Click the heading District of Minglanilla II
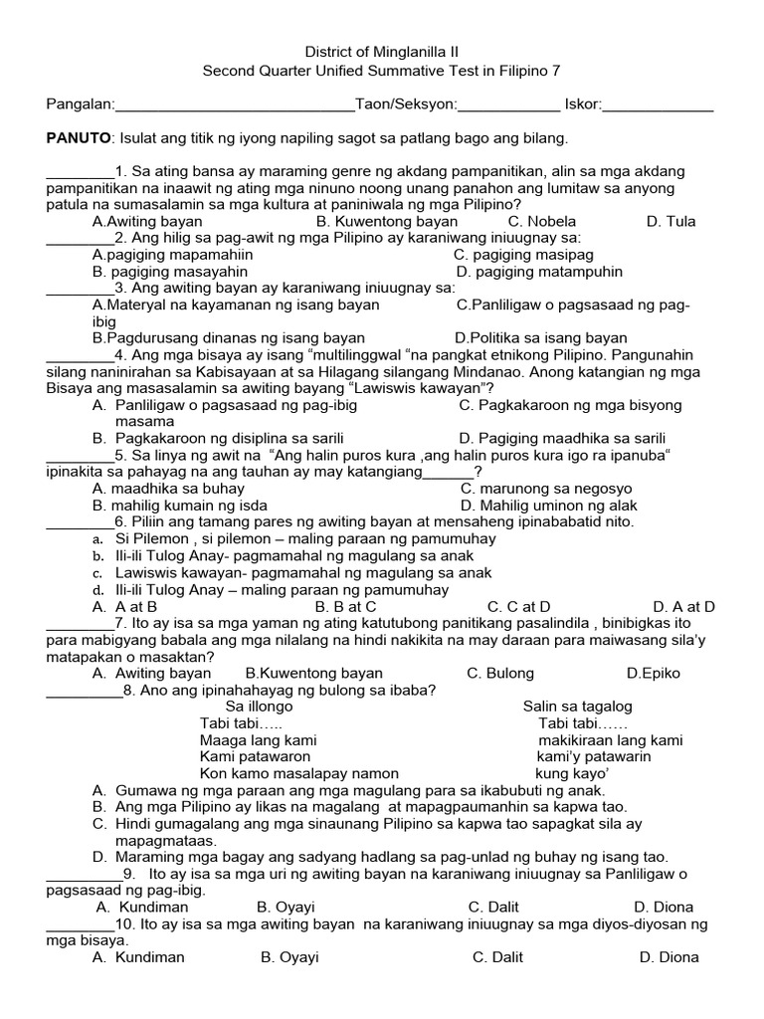point(382,52)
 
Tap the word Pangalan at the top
point(80,103)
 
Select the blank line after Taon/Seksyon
point(509,105)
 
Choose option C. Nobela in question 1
point(542,221)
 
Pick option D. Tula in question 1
point(670,221)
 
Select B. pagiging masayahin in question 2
point(170,271)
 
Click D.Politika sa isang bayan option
point(541,338)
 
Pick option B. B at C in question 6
point(345,606)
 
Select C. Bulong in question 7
point(500,674)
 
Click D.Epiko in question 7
point(654,674)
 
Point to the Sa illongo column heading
point(259,707)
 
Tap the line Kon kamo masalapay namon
point(299,773)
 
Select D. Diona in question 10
point(668,957)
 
